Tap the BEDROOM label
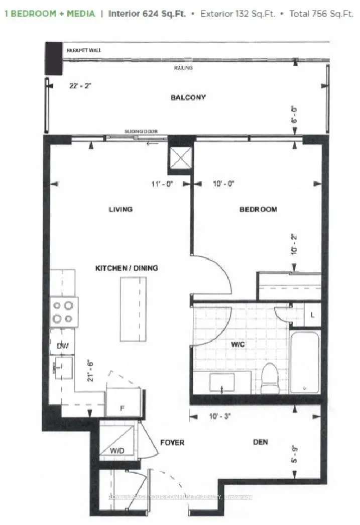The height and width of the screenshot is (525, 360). [258, 209]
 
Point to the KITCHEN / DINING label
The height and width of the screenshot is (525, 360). [127, 268]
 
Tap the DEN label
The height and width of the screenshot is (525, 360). [260, 442]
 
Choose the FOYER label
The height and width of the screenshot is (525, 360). [172, 443]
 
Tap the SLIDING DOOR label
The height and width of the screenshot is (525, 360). [141, 132]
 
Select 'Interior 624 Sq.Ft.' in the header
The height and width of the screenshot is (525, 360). [147, 14]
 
